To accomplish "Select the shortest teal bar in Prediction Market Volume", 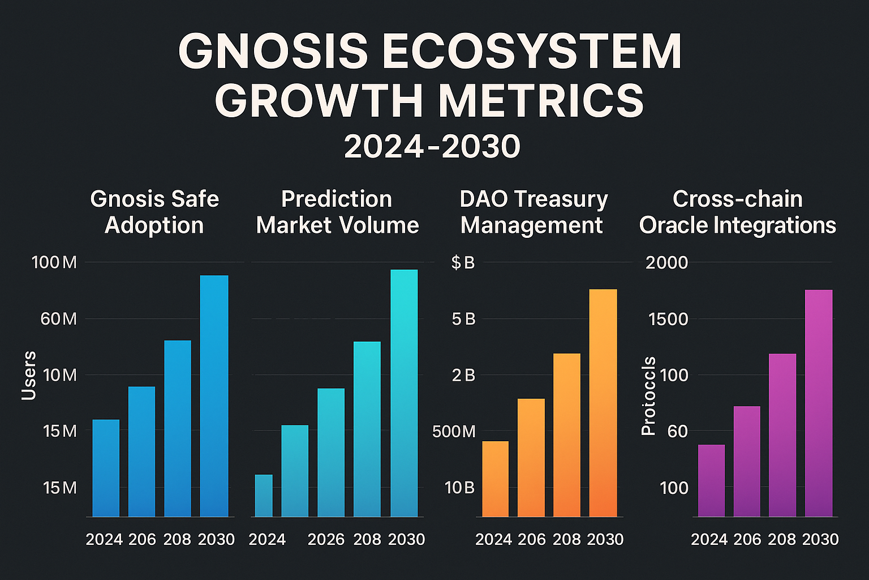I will [263, 496].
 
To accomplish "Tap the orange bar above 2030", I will [603, 403].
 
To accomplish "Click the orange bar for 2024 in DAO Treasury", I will [495, 479].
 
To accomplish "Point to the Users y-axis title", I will [29, 376].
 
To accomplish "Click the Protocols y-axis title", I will [648, 396].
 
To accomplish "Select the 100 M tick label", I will [54, 263].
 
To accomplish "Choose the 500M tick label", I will [454, 432].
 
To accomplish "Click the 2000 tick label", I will [667, 263].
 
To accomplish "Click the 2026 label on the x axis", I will [326, 539].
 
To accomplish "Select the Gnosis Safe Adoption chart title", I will [154, 212].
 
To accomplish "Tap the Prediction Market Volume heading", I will [337, 212].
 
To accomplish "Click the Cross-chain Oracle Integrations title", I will [737, 212].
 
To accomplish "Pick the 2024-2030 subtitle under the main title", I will [432, 147].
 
